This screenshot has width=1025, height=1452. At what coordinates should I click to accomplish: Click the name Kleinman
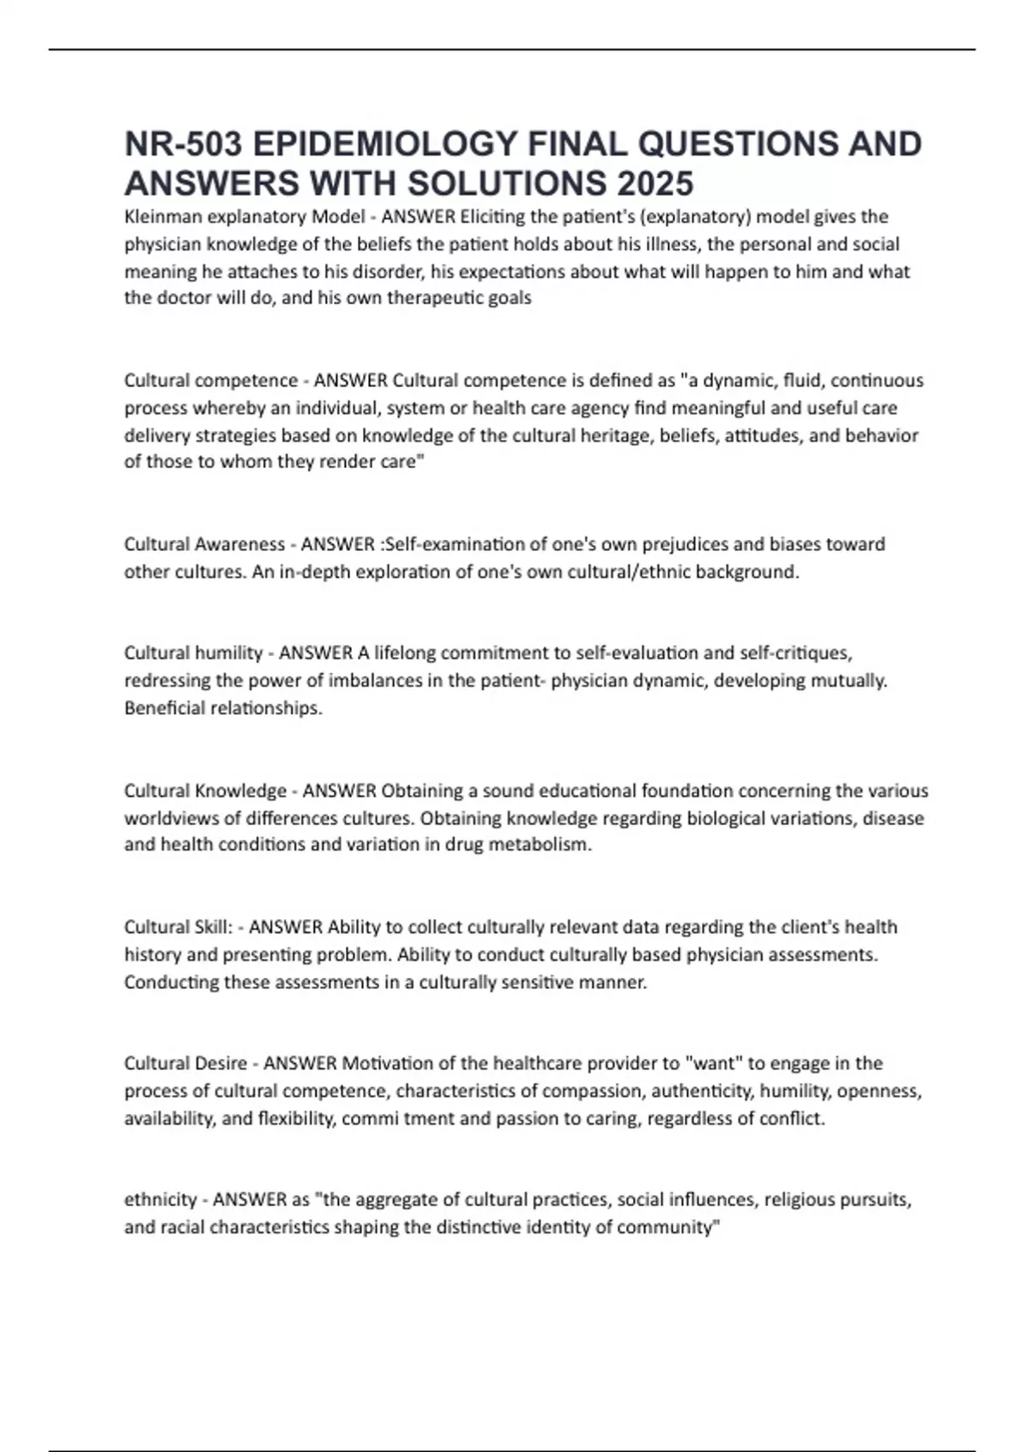[159, 217]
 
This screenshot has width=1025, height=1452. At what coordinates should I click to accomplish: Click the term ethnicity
[161, 1200]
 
